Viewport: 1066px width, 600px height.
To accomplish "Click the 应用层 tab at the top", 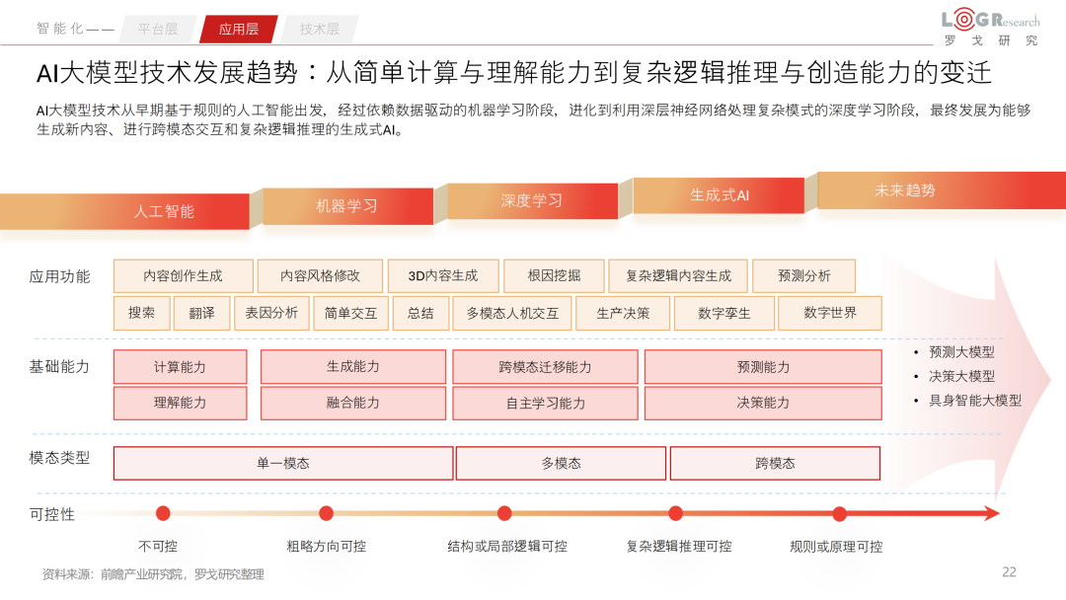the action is pos(238,29).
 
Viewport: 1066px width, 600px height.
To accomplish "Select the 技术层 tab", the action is pos(319,29).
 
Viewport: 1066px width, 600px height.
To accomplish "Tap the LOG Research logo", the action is pos(990,28).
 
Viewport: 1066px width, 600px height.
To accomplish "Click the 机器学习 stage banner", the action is pos(346,206).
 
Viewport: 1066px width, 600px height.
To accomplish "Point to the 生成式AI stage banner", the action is pos(719,195).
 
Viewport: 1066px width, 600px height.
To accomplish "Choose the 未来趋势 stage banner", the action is pos(904,190).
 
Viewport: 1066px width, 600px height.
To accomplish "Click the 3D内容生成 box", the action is pos(442,276).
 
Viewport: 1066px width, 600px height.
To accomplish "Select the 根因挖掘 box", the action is pos(554,276).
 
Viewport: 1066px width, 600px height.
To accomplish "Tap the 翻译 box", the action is pos(201,313).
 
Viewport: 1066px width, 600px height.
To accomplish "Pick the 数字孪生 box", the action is pos(723,313).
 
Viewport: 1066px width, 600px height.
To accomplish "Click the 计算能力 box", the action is pos(180,366).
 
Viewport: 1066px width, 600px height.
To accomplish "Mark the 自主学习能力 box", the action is pos(546,403).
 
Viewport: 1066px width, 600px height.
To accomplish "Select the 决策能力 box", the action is pos(763,403).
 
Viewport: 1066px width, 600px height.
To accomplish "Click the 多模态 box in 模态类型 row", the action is pos(561,463).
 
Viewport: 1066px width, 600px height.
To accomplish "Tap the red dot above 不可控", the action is pos(163,513).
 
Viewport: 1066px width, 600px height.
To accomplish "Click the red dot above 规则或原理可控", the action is pos(839,513).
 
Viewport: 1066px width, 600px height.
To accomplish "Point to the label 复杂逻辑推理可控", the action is pos(679,546).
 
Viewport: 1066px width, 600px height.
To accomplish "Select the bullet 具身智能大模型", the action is pos(974,400).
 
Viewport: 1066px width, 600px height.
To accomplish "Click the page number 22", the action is pos(1009,571).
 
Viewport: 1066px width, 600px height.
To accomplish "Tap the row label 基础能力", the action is pos(59,366).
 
